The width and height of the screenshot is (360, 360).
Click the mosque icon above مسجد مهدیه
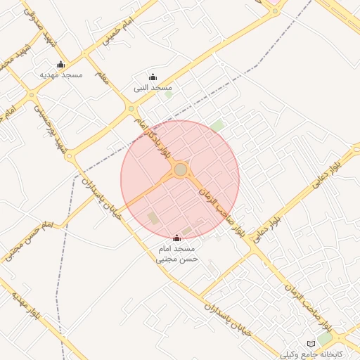tap(60, 65)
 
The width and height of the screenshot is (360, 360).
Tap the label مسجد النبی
tap(153, 88)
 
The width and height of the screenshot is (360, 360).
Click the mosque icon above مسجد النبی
tap(153, 77)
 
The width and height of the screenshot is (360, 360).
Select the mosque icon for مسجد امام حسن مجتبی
tap(176, 238)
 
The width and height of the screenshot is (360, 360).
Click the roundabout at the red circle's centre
tap(181, 169)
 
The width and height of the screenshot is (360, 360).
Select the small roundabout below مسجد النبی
tap(131, 109)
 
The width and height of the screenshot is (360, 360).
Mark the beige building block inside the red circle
tap(153, 218)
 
